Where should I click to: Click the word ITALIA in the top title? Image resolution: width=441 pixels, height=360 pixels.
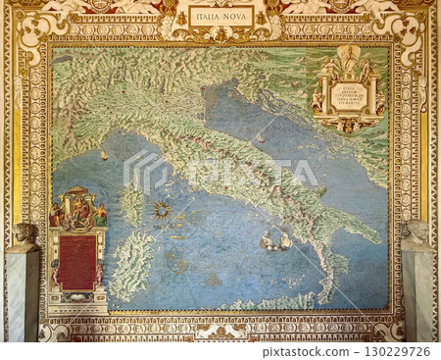point(207,16)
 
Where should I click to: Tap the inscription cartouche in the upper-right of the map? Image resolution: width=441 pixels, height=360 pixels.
point(348,94)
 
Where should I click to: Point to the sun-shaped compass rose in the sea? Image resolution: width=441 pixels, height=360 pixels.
point(161,209)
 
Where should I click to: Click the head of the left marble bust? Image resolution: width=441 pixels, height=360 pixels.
point(24,233)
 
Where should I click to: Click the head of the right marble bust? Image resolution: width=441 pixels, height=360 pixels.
point(417,231)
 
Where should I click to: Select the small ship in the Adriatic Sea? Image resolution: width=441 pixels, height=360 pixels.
point(261,138)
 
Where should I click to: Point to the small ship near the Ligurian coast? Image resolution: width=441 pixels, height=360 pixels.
point(104,155)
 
